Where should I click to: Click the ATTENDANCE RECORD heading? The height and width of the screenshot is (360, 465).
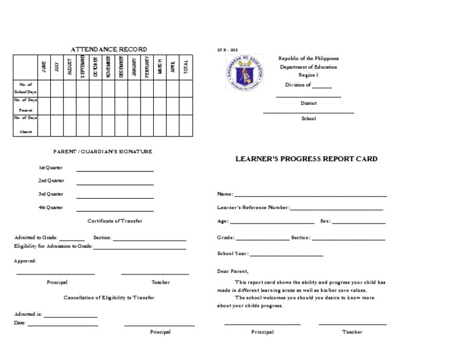tap(109, 49)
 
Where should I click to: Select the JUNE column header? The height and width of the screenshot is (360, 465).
tap(43, 67)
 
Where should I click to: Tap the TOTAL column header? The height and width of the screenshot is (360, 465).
tap(186, 67)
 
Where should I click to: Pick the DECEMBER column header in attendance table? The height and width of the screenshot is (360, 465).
tap(121, 67)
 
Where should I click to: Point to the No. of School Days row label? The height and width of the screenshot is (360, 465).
tap(26, 88)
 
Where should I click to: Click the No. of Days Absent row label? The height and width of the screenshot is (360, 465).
tap(26, 125)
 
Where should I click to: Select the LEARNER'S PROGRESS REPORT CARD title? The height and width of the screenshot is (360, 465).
tap(306, 159)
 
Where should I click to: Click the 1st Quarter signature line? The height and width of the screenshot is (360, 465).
tap(114, 170)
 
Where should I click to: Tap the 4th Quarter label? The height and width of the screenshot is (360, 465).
tap(51, 207)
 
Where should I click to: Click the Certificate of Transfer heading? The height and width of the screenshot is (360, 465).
tap(115, 221)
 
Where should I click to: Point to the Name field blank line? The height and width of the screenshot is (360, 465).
tap(310, 196)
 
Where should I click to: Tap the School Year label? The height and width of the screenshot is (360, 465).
tap(232, 253)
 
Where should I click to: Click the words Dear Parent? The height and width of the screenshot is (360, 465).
tap(232, 271)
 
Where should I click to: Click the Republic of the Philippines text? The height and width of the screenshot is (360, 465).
tap(308, 58)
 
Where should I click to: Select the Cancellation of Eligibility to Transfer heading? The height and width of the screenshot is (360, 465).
tap(109, 298)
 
